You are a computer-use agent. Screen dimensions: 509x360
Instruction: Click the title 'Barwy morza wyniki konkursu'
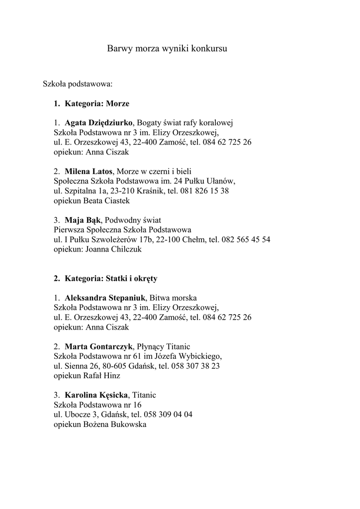coord(167,49)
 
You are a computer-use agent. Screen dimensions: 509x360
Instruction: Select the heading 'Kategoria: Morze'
coord(96,104)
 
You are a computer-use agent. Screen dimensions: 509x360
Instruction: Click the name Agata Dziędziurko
coord(98,123)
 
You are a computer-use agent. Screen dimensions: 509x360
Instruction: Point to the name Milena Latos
coord(89,171)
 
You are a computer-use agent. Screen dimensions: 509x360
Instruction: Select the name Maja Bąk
coord(83,220)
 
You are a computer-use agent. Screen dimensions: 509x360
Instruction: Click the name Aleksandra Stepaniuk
coord(104,298)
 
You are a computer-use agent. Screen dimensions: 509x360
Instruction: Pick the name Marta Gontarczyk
coord(98,346)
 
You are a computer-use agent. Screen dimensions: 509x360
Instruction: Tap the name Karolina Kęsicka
coord(96,395)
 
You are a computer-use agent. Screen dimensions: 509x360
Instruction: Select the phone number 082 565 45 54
coord(247,240)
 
